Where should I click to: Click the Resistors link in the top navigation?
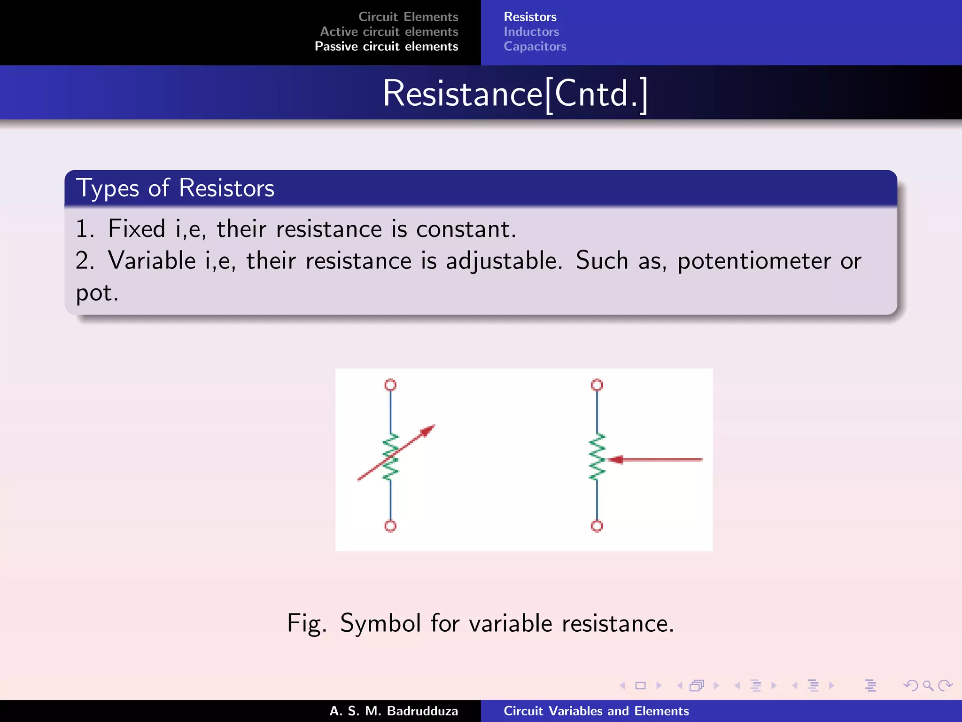(x=530, y=17)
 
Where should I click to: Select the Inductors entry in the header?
(x=531, y=31)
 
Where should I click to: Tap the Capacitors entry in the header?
(x=535, y=47)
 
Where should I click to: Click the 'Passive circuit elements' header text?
(x=386, y=47)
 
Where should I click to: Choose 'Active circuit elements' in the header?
(x=389, y=31)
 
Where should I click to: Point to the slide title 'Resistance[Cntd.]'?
(x=515, y=94)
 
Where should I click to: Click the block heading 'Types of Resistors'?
(x=175, y=188)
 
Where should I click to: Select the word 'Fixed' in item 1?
(x=136, y=229)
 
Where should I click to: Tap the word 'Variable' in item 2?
(x=152, y=260)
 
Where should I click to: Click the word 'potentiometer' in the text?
(x=754, y=260)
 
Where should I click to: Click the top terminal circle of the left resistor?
(x=390, y=385)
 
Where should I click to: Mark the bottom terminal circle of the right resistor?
(x=597, y=526)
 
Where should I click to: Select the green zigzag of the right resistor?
(x=597, y=457)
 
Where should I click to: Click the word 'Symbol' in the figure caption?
(x=380, y=624)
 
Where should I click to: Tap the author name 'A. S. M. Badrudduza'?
(x=394, y=711)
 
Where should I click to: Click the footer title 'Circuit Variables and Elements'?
(x=596, y=711)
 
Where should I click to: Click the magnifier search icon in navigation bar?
(x=928, y=685)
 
